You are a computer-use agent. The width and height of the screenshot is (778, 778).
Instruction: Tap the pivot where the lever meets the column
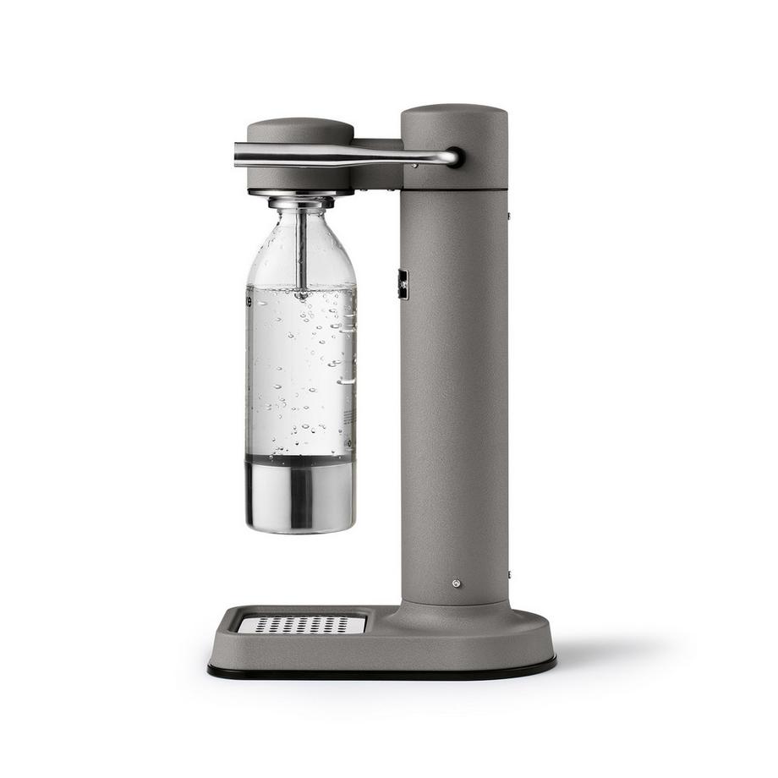tap(454, 156)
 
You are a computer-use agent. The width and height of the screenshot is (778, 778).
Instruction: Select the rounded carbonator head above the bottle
tap(300, 132)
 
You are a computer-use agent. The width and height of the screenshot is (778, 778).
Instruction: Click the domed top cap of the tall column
tap(454, 114)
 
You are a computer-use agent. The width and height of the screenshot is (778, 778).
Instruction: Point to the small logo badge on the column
tap(403, 284)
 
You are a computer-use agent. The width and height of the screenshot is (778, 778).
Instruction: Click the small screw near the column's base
tap(457, 583)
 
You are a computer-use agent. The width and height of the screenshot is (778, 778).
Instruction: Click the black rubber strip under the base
tap(381, 672)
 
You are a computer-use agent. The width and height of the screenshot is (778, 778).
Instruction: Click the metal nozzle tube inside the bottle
tap(301, 249)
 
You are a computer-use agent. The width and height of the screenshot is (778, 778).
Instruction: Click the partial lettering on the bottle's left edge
tap(249, 300)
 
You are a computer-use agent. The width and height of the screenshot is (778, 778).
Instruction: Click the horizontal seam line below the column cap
tap(454, 189)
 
